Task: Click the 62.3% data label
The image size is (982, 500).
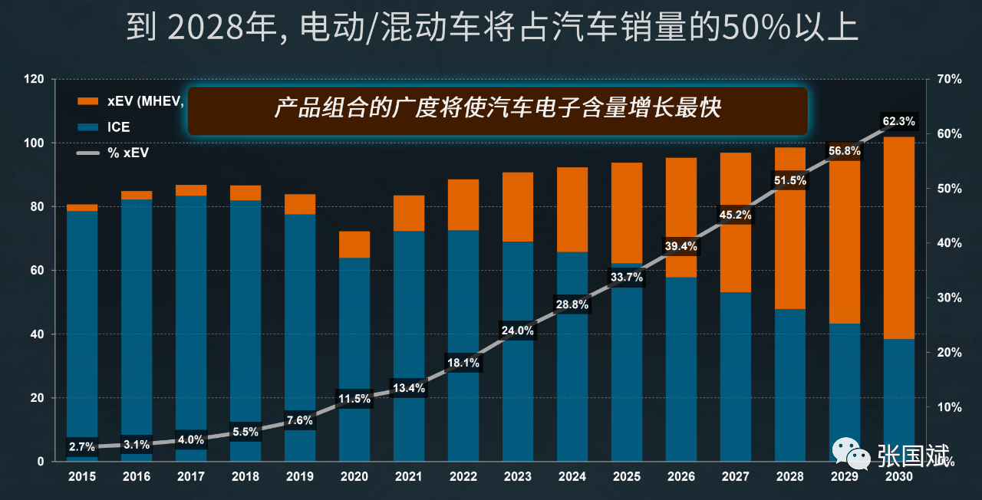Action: (x=899, y=121)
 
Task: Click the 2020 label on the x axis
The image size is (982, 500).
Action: (x=354, y=477)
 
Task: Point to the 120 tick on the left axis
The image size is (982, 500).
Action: (x=33, y=80)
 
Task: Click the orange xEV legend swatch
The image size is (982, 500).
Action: (x=88, y=102)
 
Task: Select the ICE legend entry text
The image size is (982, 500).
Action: (x=119, y=127)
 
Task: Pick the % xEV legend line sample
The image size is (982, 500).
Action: (x=88, y=153)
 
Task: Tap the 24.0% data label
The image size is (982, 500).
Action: (x=518, y=331)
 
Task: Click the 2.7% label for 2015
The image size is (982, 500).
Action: (x=82, y=446)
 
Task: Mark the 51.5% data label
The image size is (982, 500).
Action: (x=790, y=180)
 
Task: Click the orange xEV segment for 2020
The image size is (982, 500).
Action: (x=354, y=244)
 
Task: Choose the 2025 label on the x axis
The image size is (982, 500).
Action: (x=627, y=477)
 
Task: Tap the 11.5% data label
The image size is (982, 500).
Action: (x=354, y=399)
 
